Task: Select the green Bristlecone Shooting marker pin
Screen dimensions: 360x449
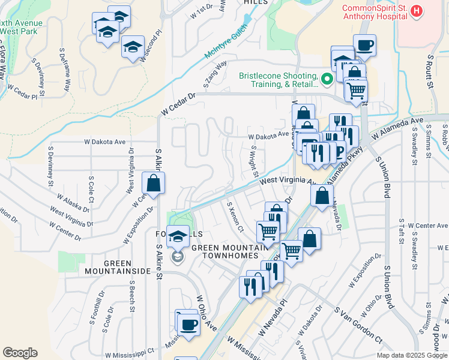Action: (x=327, y=79)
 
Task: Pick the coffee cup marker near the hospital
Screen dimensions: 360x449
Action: (x=364, y=46)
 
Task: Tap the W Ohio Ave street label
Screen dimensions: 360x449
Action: (x=206, y=313)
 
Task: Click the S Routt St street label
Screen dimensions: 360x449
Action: (x=430, y=71)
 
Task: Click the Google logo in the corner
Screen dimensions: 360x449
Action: (x=20, y=353)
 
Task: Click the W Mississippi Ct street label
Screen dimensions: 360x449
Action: (x=129, y=355)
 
